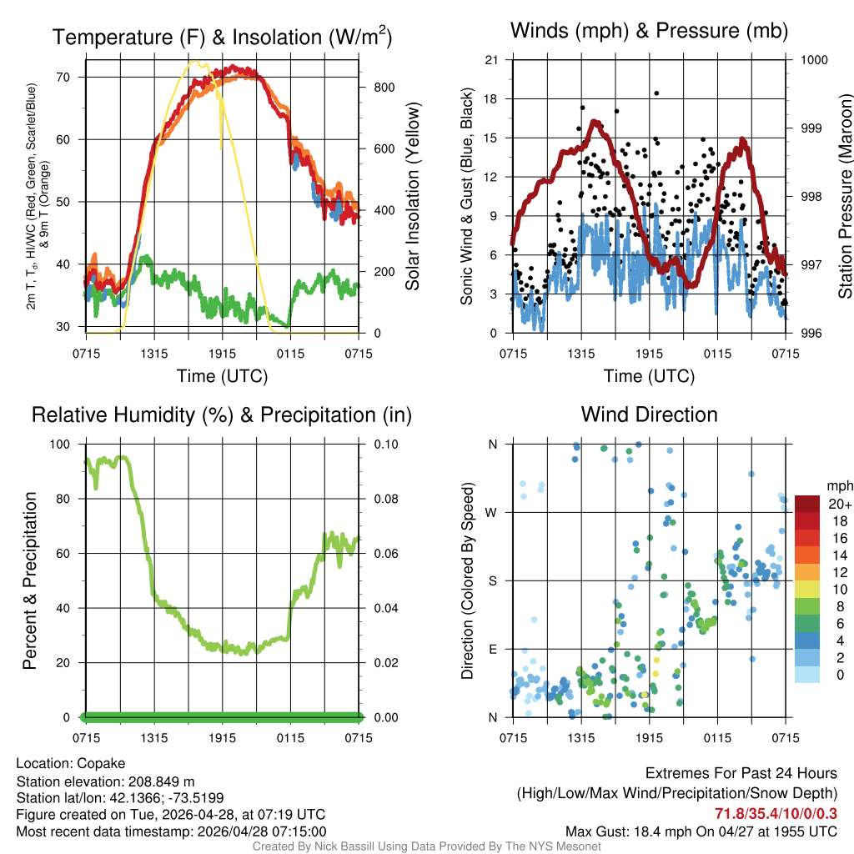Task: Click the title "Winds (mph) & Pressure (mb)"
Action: click(649, 32)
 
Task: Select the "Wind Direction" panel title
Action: click(649, 414)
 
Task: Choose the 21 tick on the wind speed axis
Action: click(491, 59)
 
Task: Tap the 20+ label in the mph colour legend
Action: click(839, 504)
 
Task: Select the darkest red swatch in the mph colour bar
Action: click(807, 504)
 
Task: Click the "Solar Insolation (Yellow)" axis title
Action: click(412, 196)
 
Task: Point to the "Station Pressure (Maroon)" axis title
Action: click(845, 196)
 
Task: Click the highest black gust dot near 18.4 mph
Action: click(656, 93)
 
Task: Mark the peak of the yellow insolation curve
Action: click(197, 61)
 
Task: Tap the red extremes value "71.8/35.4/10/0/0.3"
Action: click(776, 813)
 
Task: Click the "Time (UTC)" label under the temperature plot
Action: click(222, 376)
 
